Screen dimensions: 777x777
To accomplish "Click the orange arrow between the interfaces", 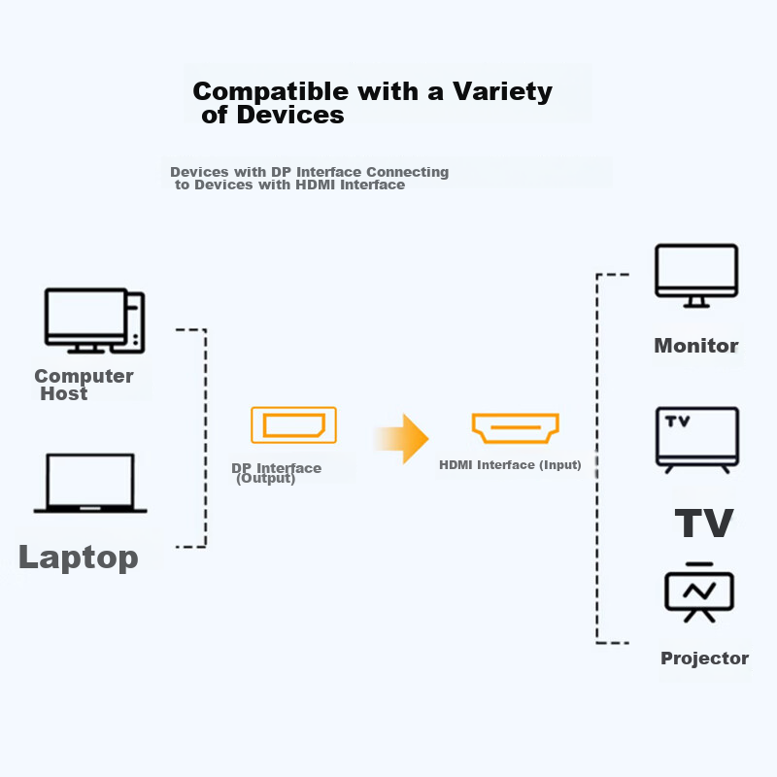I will [x=402, y=439].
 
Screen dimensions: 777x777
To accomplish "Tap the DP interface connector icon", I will [x=293, y=425].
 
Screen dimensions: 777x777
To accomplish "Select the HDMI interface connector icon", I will [x=515, y=427].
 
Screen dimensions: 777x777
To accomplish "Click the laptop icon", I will [x=90, y=483].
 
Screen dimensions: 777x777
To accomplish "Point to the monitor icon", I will [x=696, y=275].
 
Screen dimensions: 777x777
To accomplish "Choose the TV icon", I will [x=697, y=440].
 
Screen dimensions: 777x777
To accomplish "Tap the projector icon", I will [x=699, y=591].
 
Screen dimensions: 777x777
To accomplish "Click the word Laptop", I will [x=78, y=557].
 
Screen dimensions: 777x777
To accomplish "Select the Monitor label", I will [x=695, y=346].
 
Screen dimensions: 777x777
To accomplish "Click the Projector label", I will [x=704, y=659].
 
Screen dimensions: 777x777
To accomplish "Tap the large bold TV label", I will [x=704, y=524].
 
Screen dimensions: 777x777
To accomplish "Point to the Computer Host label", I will [x=84, y=385].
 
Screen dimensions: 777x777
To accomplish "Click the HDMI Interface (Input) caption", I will [x=510, y=465].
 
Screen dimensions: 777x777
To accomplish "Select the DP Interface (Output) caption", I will [x=276, y=473].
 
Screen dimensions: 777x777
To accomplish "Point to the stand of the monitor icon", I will [x=695, y=303].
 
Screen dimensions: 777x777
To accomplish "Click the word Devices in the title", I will [x=290, y=115].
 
